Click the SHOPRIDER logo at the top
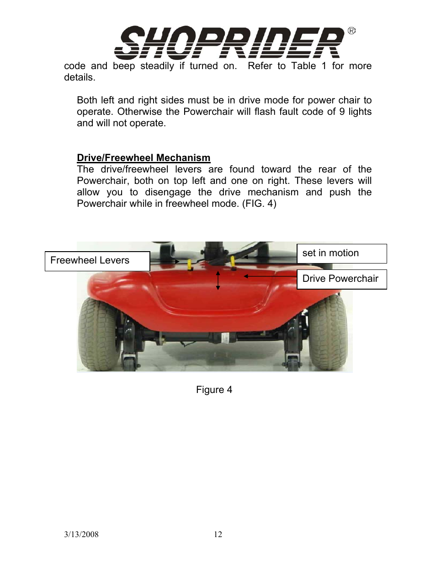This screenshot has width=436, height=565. coord(229,43)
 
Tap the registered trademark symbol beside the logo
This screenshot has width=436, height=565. coord(351,31)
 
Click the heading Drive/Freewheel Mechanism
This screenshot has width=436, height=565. coord(144,158)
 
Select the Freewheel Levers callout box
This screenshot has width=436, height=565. coord(97,261)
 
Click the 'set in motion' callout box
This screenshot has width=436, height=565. coord(341,253)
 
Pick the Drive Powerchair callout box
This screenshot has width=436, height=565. coord(341,279)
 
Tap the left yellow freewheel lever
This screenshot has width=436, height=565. coord(190,264)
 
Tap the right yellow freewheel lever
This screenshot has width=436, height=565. coord(233,262)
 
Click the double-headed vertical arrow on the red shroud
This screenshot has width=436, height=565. coord(218,280)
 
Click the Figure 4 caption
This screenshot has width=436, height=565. coord(214,390)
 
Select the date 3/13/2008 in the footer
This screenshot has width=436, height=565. coord(81,534)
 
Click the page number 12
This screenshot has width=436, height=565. coord(218,534)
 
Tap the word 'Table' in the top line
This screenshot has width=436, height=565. coord(303,66)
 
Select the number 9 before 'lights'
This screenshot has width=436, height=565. coord(342,112)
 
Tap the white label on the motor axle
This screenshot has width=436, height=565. coord(225,338)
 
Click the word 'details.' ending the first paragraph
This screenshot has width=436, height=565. coord(80,77)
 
